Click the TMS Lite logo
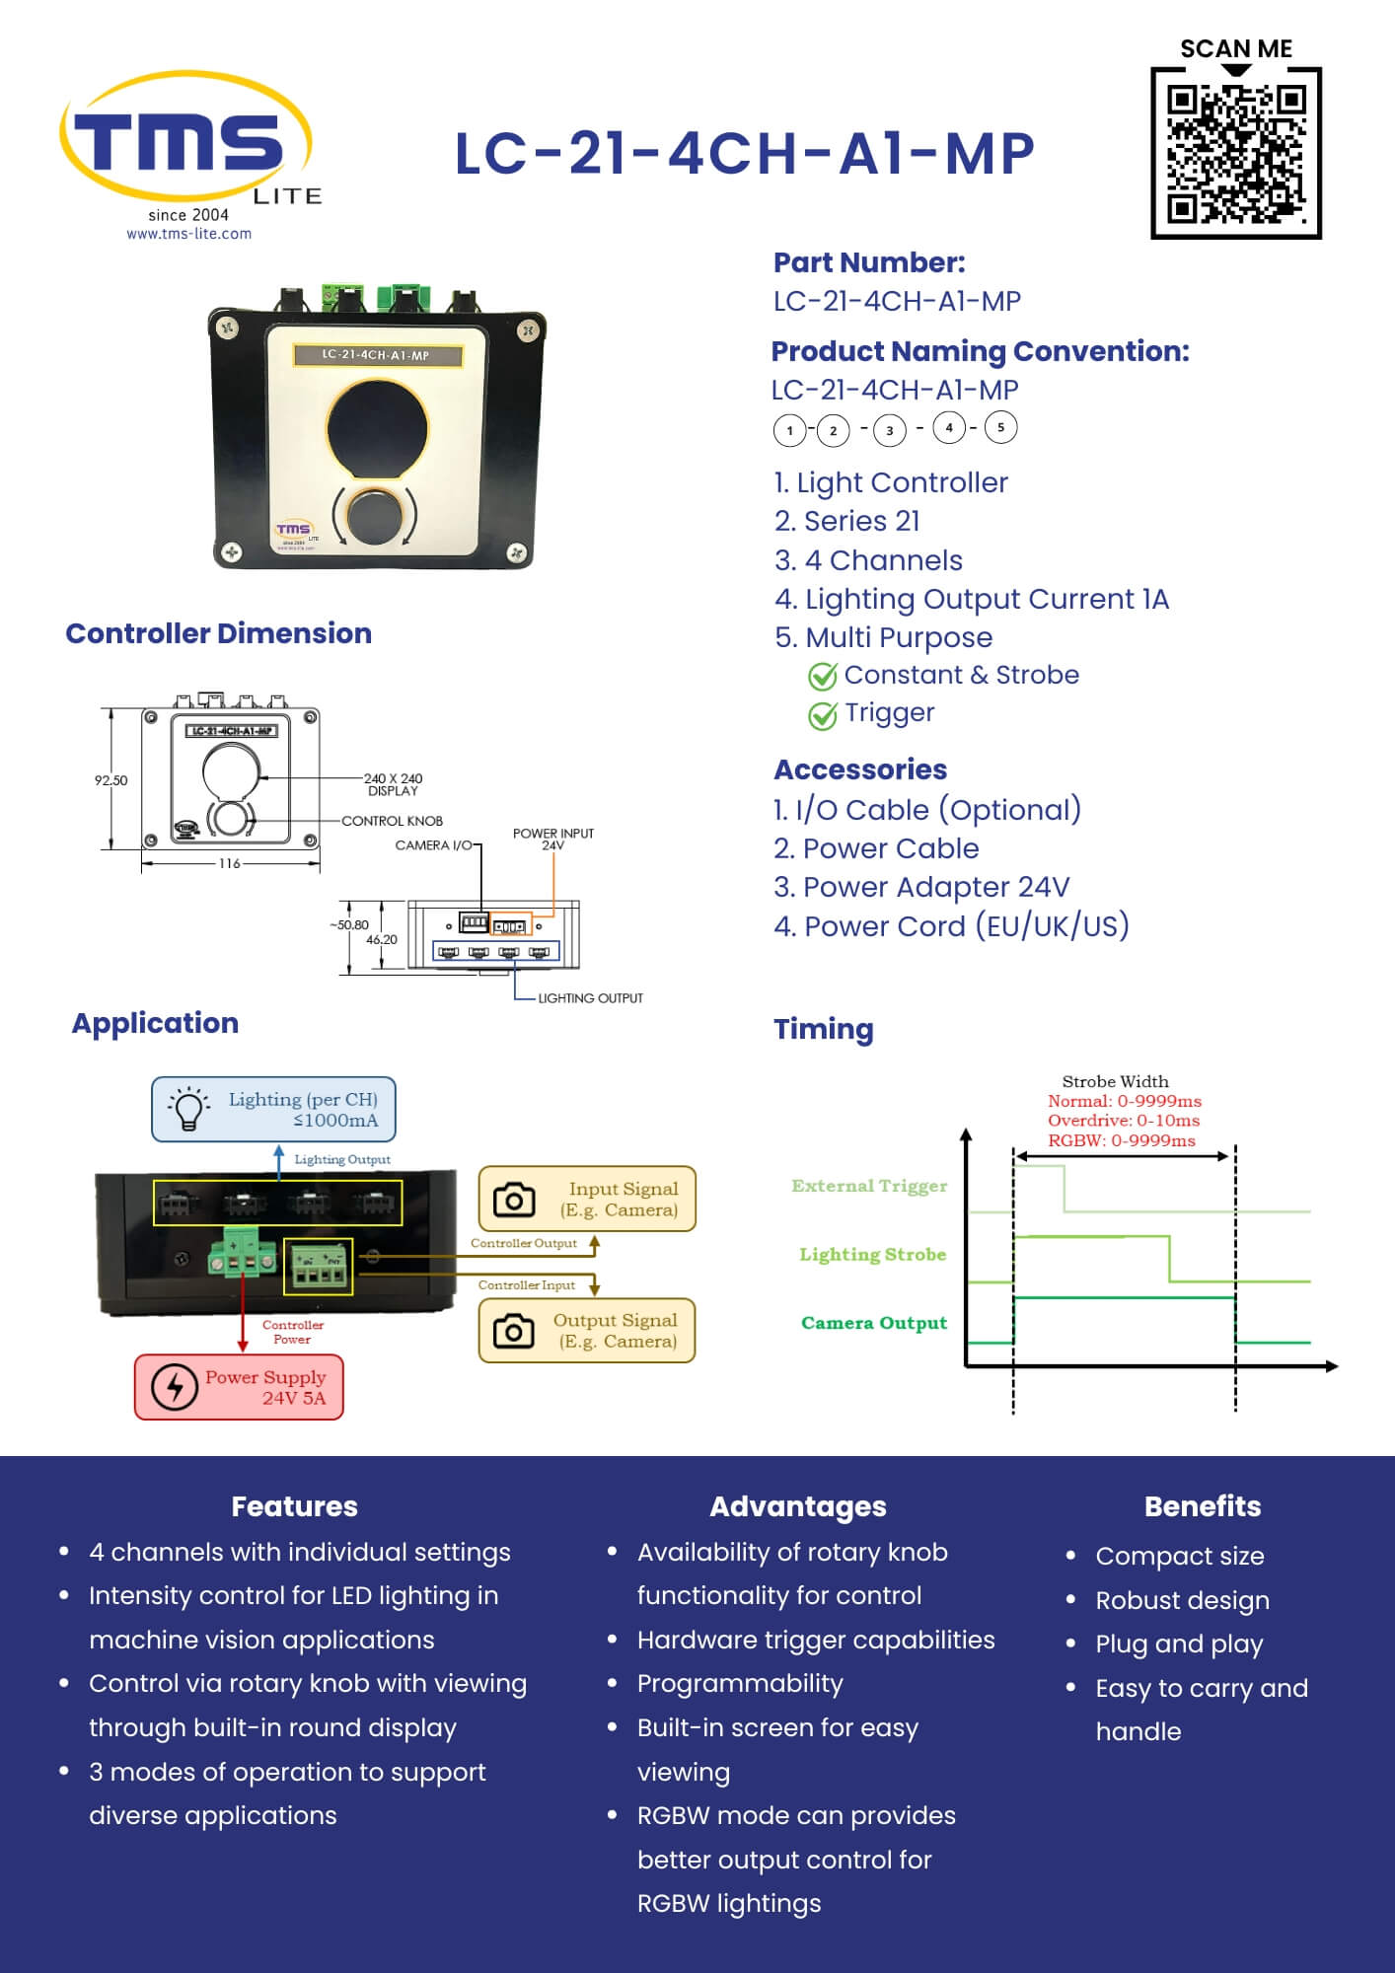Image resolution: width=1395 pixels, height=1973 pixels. point(187,143)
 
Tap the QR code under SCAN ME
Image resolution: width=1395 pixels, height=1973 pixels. point(1235,153)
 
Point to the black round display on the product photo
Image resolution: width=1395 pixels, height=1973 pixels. point(377,428)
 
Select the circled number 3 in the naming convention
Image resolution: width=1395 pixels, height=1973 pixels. point(890,430)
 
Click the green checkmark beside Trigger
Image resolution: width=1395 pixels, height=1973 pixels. point(822,715)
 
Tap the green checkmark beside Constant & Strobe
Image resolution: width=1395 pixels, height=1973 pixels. point(822,677)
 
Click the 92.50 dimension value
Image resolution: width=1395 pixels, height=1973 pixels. point(110,780)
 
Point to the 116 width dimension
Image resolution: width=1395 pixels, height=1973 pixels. point(229,863)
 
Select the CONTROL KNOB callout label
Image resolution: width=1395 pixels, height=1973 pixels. point(392,821)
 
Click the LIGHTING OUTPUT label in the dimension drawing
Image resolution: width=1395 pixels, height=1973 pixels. point(590,998)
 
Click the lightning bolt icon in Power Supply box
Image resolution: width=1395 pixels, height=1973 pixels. point(175,1387)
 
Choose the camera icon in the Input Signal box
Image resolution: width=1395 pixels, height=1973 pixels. point(513,1200)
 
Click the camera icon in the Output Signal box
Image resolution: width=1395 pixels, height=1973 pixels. point(513,1331)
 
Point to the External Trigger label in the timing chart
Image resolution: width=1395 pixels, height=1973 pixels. point(868,1186)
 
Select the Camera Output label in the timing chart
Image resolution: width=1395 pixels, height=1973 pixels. point(873,1323)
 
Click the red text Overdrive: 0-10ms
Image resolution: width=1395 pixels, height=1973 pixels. point(1123,1121)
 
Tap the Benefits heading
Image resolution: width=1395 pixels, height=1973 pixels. point(1202,1506)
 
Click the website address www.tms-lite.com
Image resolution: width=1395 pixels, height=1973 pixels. point(188,234)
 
